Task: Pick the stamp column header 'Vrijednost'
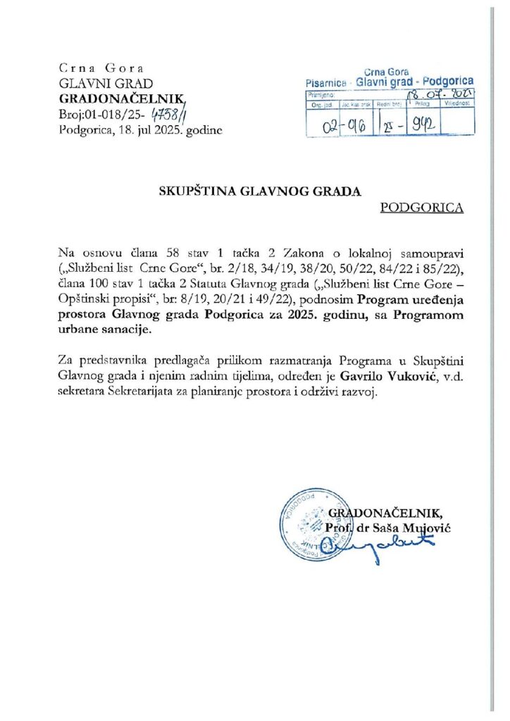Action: click(x=456, y=102)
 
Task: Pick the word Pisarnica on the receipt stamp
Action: click(x=328, y=82)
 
